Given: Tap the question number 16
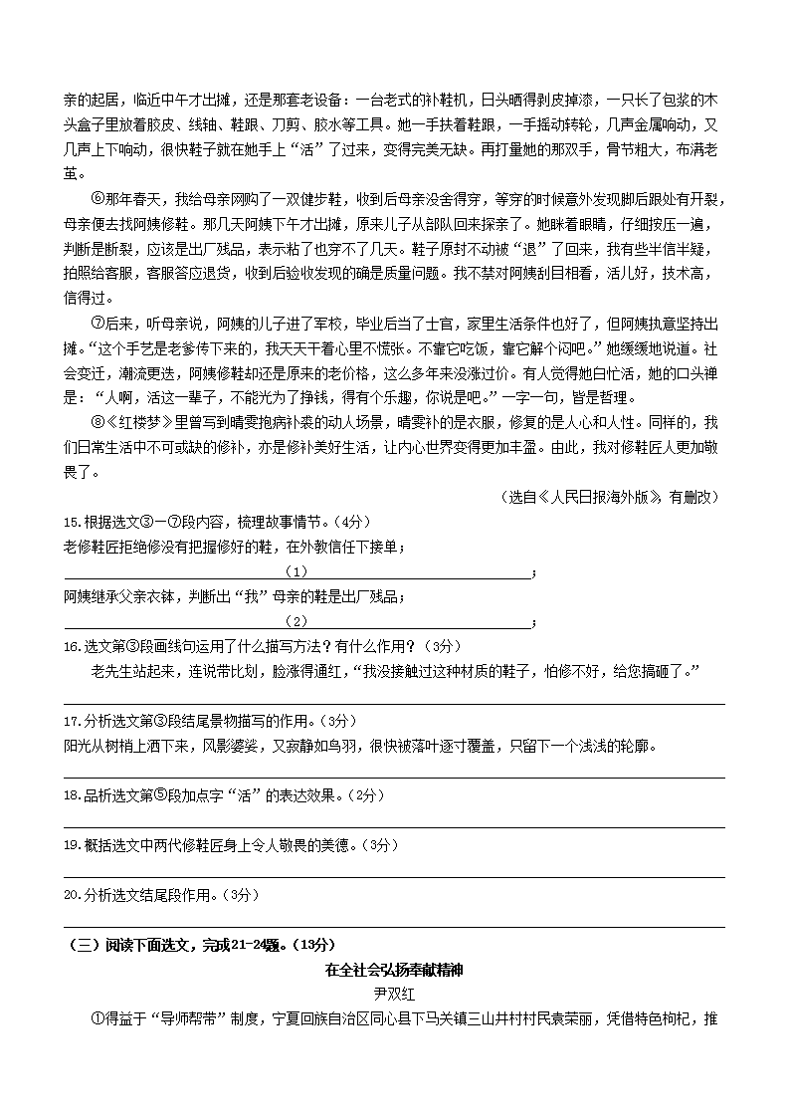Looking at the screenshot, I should [72, 646].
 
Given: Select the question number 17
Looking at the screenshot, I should [72, 721].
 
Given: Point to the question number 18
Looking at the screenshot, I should [72, 795].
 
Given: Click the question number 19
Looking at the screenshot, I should [72, 845].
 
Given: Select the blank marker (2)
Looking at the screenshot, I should [296, 621].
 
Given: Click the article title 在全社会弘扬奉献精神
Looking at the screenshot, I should [395, 970].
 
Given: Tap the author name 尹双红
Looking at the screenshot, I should [395, 994].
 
